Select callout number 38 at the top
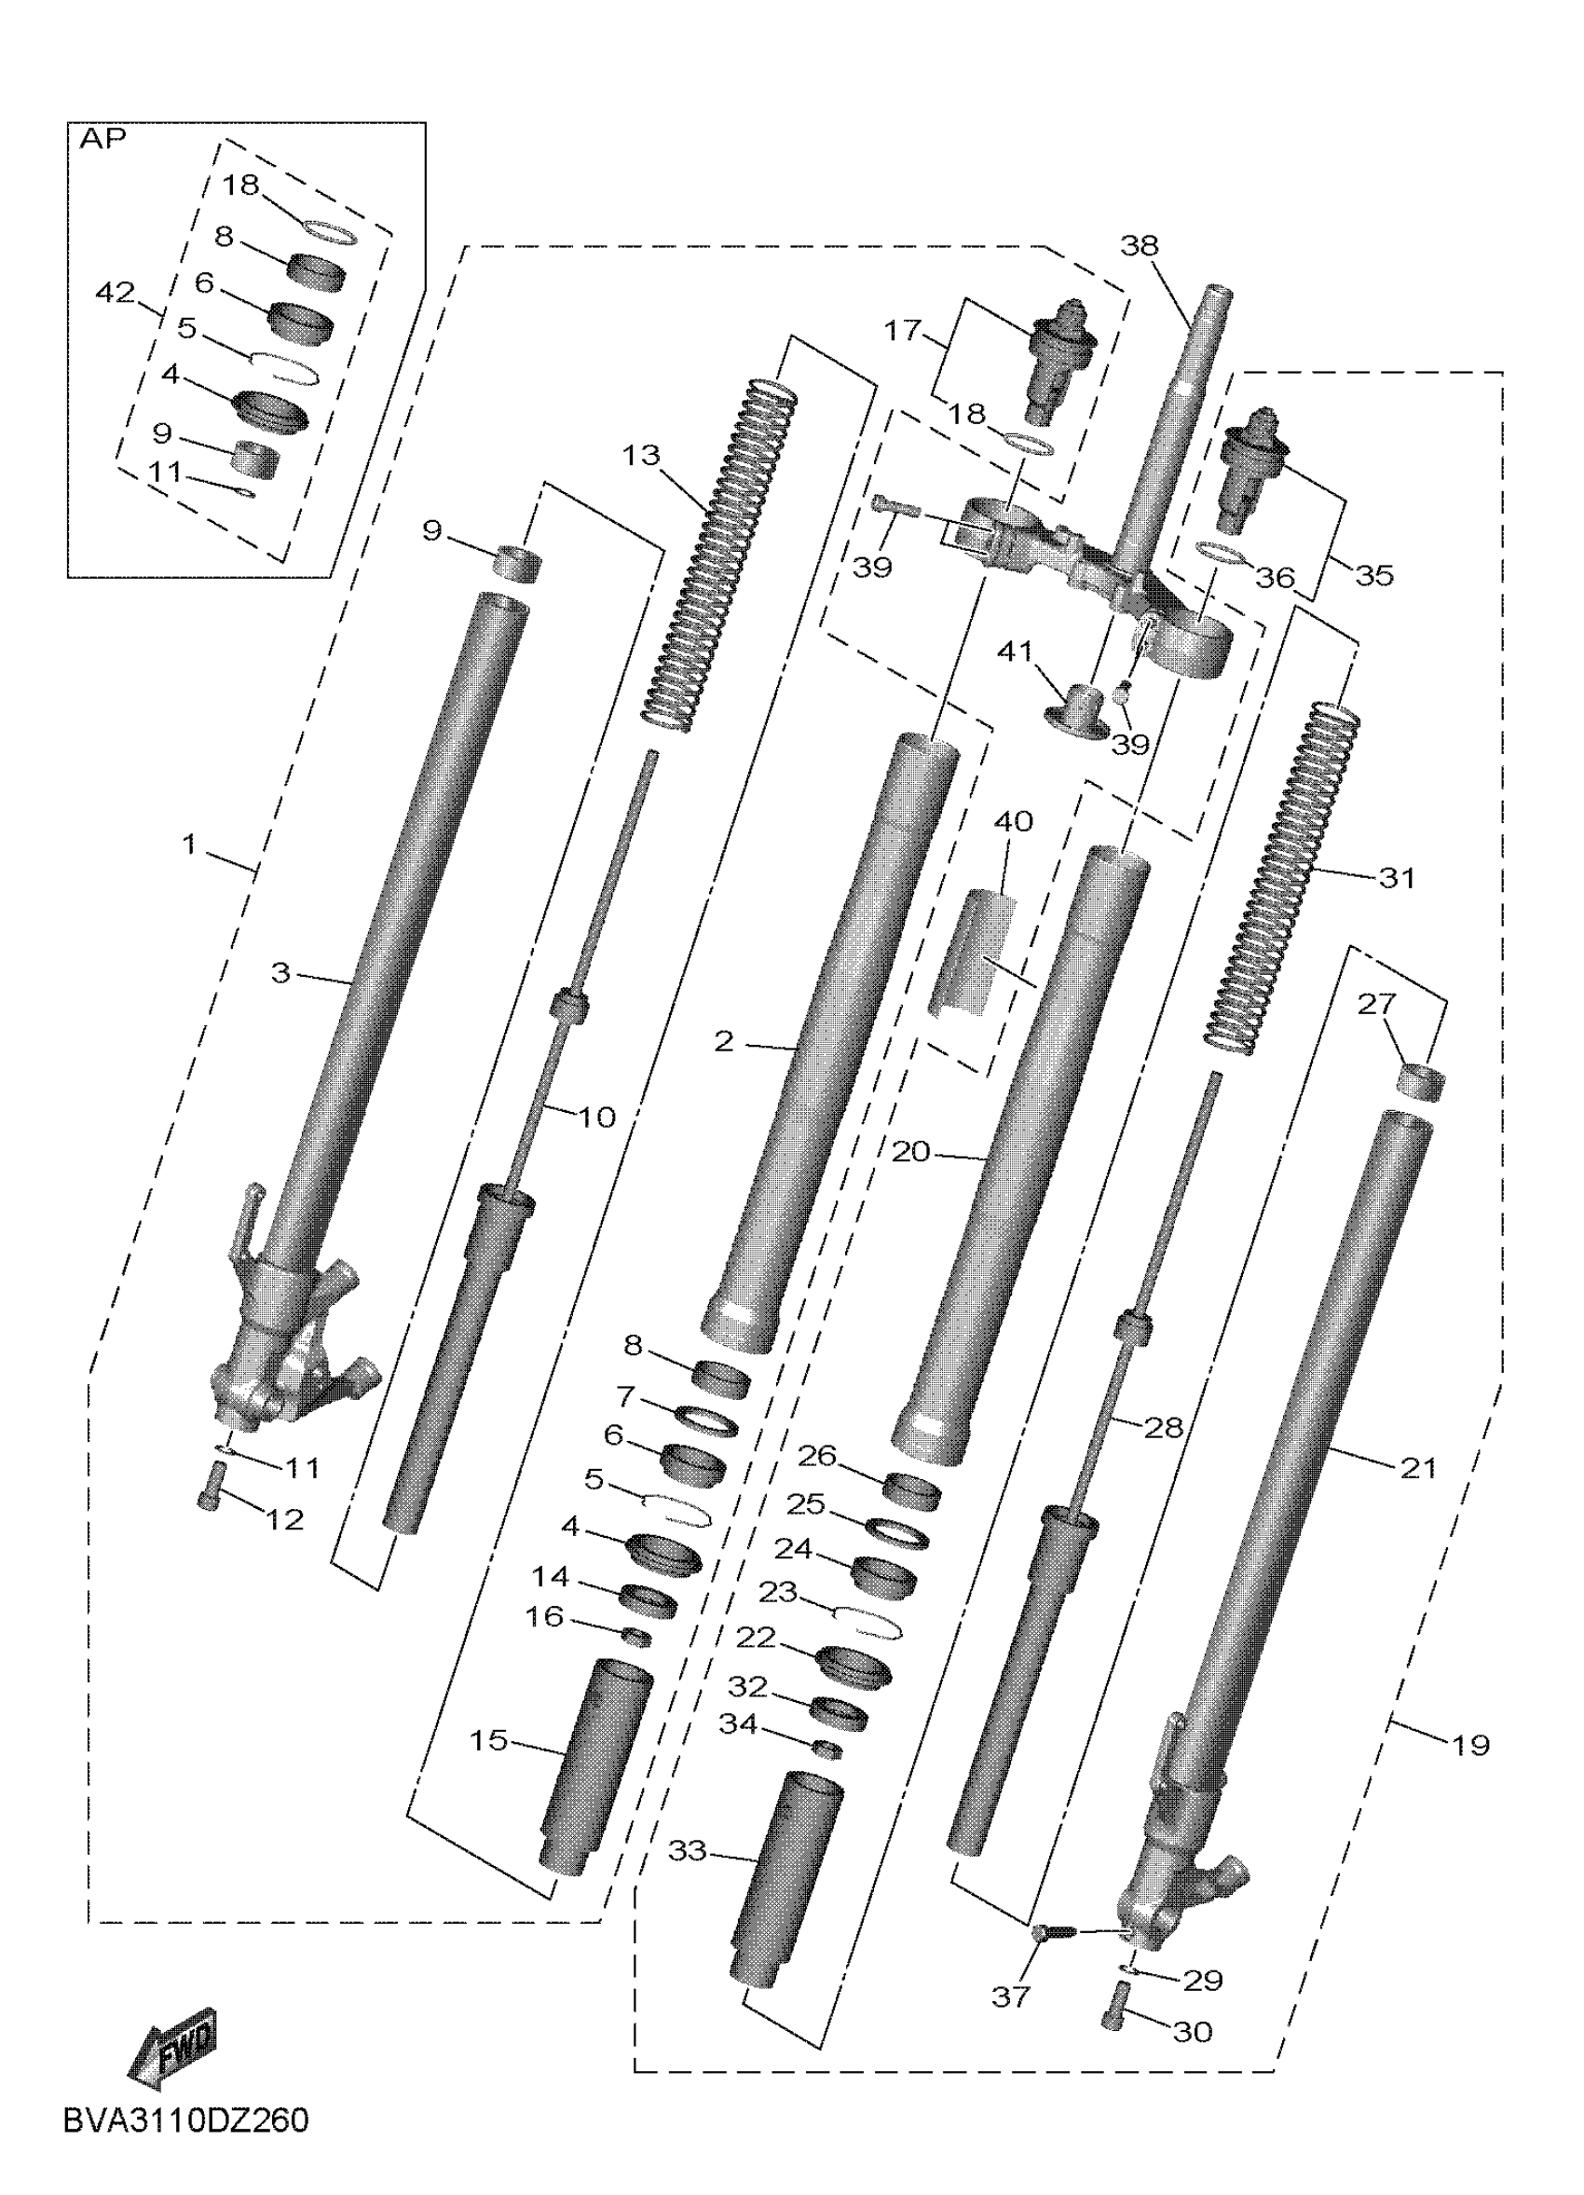[1139, 246]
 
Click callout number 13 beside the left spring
[640, 455]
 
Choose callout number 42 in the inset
[115, 293]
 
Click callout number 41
[1015, 652]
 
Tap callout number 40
[1013, 822]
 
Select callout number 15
[488, 1740]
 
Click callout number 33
[687, 1850]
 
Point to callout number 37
[1011, 1996]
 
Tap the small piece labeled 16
[635, 1637]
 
